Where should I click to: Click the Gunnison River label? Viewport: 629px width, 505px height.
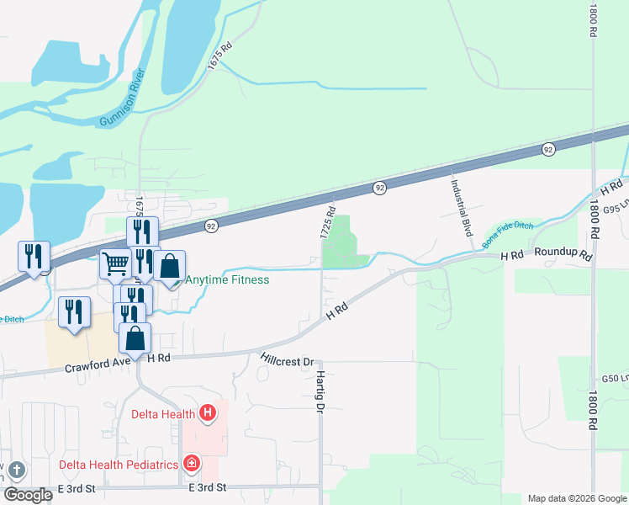pos(123,99)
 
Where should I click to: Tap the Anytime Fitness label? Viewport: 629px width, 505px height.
pos(227,280)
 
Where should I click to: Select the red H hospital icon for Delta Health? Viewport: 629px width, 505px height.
pos(207,413)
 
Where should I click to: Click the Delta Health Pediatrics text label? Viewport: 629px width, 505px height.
pos(119,465)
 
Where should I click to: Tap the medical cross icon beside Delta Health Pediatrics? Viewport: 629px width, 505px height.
pos(193,464)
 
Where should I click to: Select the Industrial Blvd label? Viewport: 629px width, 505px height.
pos(459,207)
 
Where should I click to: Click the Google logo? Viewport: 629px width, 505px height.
pos(28,495)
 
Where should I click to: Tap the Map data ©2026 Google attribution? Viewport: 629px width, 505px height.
pos(576,498)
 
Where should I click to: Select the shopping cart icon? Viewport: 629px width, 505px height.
pos(115,263)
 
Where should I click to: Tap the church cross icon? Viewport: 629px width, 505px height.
pos(17,472)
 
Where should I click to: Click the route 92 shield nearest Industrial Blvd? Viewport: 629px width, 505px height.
pos(548,149)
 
